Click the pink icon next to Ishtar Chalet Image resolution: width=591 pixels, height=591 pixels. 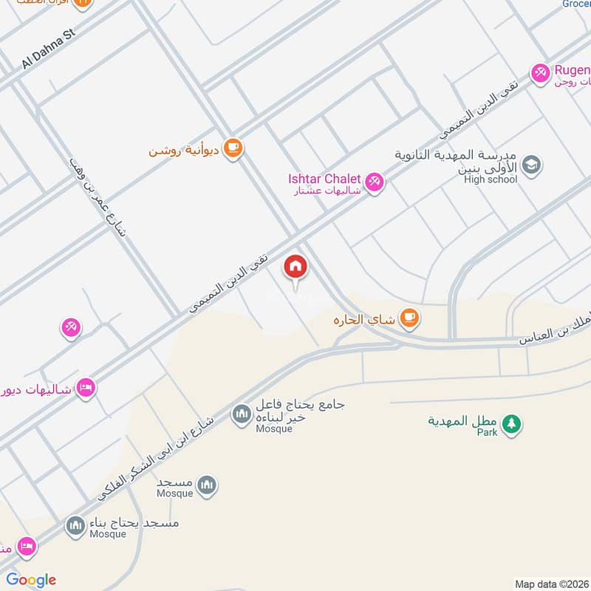(x=375, y=180)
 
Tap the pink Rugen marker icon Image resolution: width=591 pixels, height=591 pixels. (x=540, y=72)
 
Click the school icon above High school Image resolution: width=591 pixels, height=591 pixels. (x=530, y=165)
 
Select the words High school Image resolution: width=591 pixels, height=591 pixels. (x=491, y=179)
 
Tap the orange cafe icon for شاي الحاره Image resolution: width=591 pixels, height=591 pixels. (x=409, y=318)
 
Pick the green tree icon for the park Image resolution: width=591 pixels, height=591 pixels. (x=510, y=423)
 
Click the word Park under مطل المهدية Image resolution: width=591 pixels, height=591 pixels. (x=487, y=432)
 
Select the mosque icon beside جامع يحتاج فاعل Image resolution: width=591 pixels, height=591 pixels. (x=241, y=415)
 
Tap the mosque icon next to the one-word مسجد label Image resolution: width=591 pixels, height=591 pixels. (x=208, y=485)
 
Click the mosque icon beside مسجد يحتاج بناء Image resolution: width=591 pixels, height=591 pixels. (x=75, y=526)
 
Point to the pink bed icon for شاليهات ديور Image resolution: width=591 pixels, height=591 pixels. (x=86, y=388)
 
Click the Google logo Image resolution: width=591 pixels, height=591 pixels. (x=31, y=580)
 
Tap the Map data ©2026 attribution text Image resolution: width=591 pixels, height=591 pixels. (x=550, y=584)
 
